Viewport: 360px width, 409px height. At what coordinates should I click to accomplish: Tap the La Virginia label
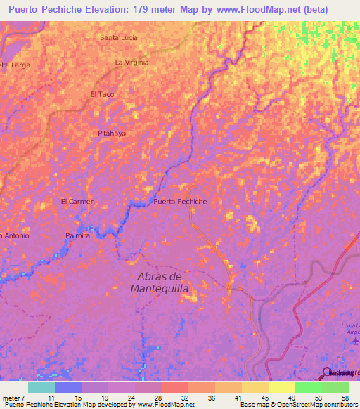131,63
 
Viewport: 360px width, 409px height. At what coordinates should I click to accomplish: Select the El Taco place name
102,93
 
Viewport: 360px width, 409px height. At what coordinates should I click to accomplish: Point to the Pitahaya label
111,132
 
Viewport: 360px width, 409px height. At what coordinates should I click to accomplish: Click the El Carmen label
77,202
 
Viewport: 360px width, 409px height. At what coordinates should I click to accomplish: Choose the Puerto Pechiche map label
180,202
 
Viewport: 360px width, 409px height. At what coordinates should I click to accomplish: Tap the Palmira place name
77,236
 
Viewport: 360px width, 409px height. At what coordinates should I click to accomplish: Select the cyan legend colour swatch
41,387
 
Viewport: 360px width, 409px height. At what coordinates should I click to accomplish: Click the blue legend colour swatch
68,387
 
